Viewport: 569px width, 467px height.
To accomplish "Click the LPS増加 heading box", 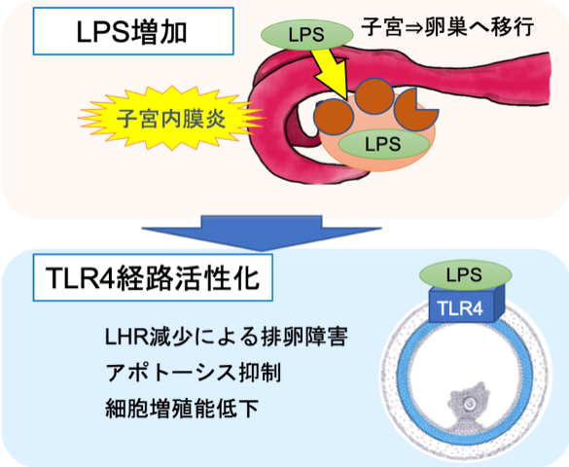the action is point(133,31).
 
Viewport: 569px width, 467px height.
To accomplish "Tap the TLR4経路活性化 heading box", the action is point(153,277).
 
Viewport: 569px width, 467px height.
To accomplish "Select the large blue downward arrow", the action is point(262,233).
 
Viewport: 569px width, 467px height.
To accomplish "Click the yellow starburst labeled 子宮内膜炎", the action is point(171,119).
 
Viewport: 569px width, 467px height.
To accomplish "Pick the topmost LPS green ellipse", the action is point(306,35).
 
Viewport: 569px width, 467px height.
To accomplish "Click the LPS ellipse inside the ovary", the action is point(383,144).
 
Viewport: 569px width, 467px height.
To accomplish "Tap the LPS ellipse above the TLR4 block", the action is point(465,275).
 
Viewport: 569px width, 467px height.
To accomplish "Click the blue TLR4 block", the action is point(466,305).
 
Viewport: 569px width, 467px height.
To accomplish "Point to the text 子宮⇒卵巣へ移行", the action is point(447,26).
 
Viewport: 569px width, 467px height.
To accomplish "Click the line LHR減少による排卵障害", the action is point(226,337).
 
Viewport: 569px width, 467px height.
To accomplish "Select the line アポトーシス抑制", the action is point(193,373).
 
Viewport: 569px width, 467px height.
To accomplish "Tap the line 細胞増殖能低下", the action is point(182,409).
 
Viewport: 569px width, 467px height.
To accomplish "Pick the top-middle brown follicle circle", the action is point(374,95).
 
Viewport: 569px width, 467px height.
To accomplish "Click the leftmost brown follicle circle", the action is point(334,117).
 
